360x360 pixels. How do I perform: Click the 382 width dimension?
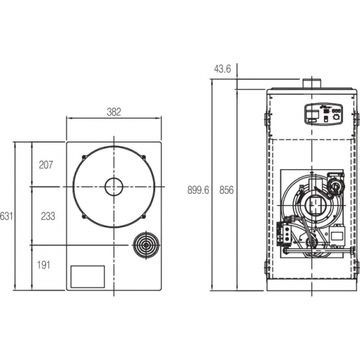pos(114,112)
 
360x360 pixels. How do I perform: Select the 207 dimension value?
pos(46,164)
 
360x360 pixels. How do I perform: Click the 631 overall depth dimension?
pos(6,215)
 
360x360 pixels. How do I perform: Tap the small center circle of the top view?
pos(114,187)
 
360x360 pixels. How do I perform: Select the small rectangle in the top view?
pos(88,276)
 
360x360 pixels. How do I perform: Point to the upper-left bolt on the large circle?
pos(84,156)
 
